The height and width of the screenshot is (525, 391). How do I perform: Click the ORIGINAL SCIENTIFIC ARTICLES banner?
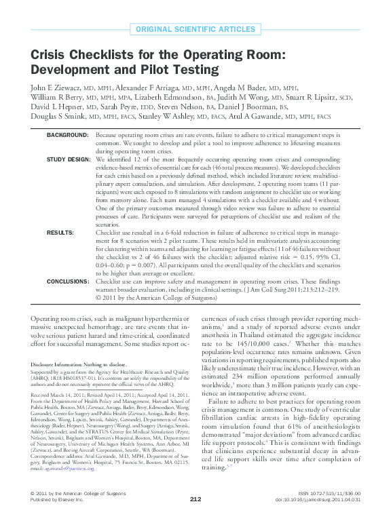(195, 29)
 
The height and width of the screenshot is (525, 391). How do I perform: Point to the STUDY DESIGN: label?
(68, 159)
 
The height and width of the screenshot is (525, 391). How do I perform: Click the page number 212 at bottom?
(195, 518)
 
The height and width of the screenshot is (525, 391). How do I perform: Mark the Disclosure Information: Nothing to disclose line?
(79, 364)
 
